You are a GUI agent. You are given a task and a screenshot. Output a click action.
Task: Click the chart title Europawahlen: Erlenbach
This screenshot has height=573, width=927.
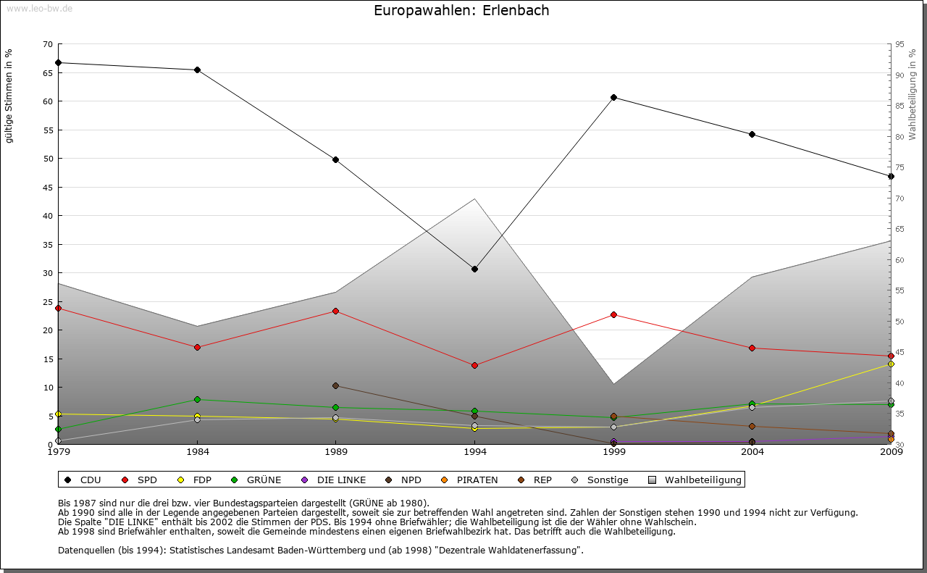(461, 11)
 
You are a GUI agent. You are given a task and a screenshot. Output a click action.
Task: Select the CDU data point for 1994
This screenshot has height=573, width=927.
(474, 269)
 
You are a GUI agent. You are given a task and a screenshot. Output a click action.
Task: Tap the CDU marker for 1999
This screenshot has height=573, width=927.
(613, 97)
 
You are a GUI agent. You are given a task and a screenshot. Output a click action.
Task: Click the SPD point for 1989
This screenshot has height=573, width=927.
(335, 311)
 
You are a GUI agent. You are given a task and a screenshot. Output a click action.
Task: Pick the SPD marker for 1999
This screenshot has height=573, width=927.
(613, 314)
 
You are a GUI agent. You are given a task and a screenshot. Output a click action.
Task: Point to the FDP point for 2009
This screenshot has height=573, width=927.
(891, 364)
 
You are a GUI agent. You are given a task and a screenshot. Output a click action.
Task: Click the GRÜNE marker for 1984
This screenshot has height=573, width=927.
(197, 399)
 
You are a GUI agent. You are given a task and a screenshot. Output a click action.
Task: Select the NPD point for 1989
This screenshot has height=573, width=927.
(335, 385)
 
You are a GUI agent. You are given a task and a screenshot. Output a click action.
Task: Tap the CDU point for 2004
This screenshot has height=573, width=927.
(752, 134)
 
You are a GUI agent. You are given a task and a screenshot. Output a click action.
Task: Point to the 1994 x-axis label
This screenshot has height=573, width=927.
(474, 453)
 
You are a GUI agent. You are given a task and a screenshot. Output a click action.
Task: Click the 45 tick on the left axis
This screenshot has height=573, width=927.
(48, 187)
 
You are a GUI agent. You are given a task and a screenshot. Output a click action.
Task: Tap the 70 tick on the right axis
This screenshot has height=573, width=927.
(900, 198)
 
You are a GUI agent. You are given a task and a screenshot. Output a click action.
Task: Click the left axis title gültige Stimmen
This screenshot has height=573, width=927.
(9, 96)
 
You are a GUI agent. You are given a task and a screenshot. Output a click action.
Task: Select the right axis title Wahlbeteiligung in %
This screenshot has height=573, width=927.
(913, 94)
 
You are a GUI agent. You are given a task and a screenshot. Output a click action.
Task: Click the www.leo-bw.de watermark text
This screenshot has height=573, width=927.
(38, 8)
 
